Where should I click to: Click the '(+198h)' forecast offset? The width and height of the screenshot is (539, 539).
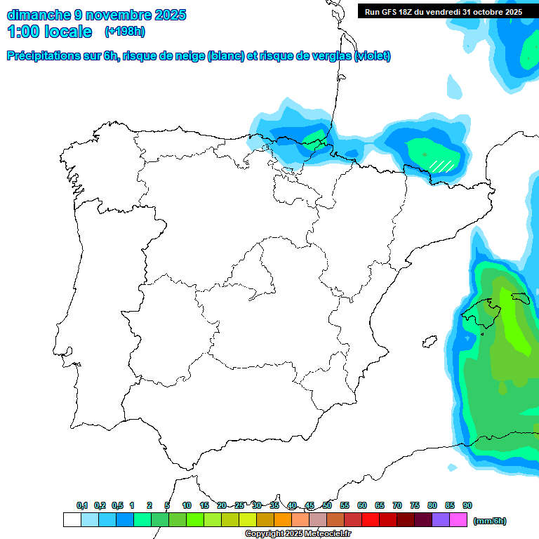coord(125,32)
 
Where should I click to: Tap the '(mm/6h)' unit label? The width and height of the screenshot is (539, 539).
coord(489,521)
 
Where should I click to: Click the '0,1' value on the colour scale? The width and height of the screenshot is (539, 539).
coord(82,505)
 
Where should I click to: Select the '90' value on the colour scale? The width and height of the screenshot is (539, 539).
coord(467,505)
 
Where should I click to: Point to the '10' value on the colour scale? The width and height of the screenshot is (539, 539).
coord(187,505)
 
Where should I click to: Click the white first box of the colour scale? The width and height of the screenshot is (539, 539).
coord(72,519)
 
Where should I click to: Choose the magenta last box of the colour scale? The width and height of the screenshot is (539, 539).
coord(458,519)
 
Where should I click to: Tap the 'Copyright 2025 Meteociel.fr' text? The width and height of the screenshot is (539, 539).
coord(298,534)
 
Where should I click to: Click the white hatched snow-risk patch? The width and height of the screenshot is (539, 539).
coord(441,166)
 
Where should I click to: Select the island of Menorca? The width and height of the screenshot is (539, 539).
coord(520,298)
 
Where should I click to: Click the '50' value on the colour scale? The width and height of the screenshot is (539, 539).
coord(327,505)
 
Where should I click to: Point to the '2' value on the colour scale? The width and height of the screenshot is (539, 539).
coord(149,505)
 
